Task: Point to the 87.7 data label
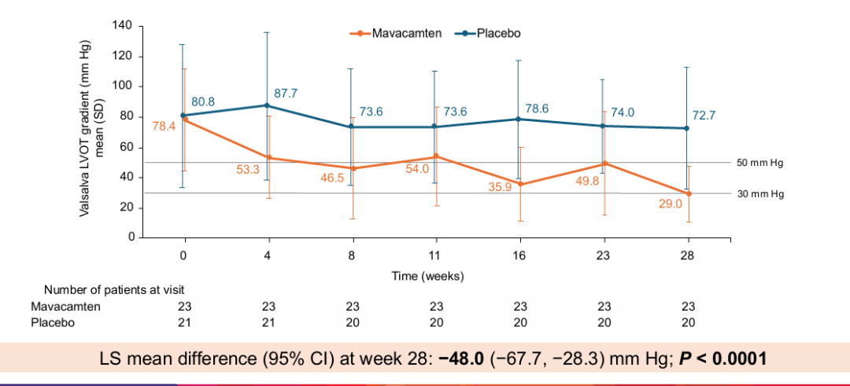[x=285, y=93]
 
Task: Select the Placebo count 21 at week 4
[x=268, y=323]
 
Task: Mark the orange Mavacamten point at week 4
[x=268, y=157]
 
